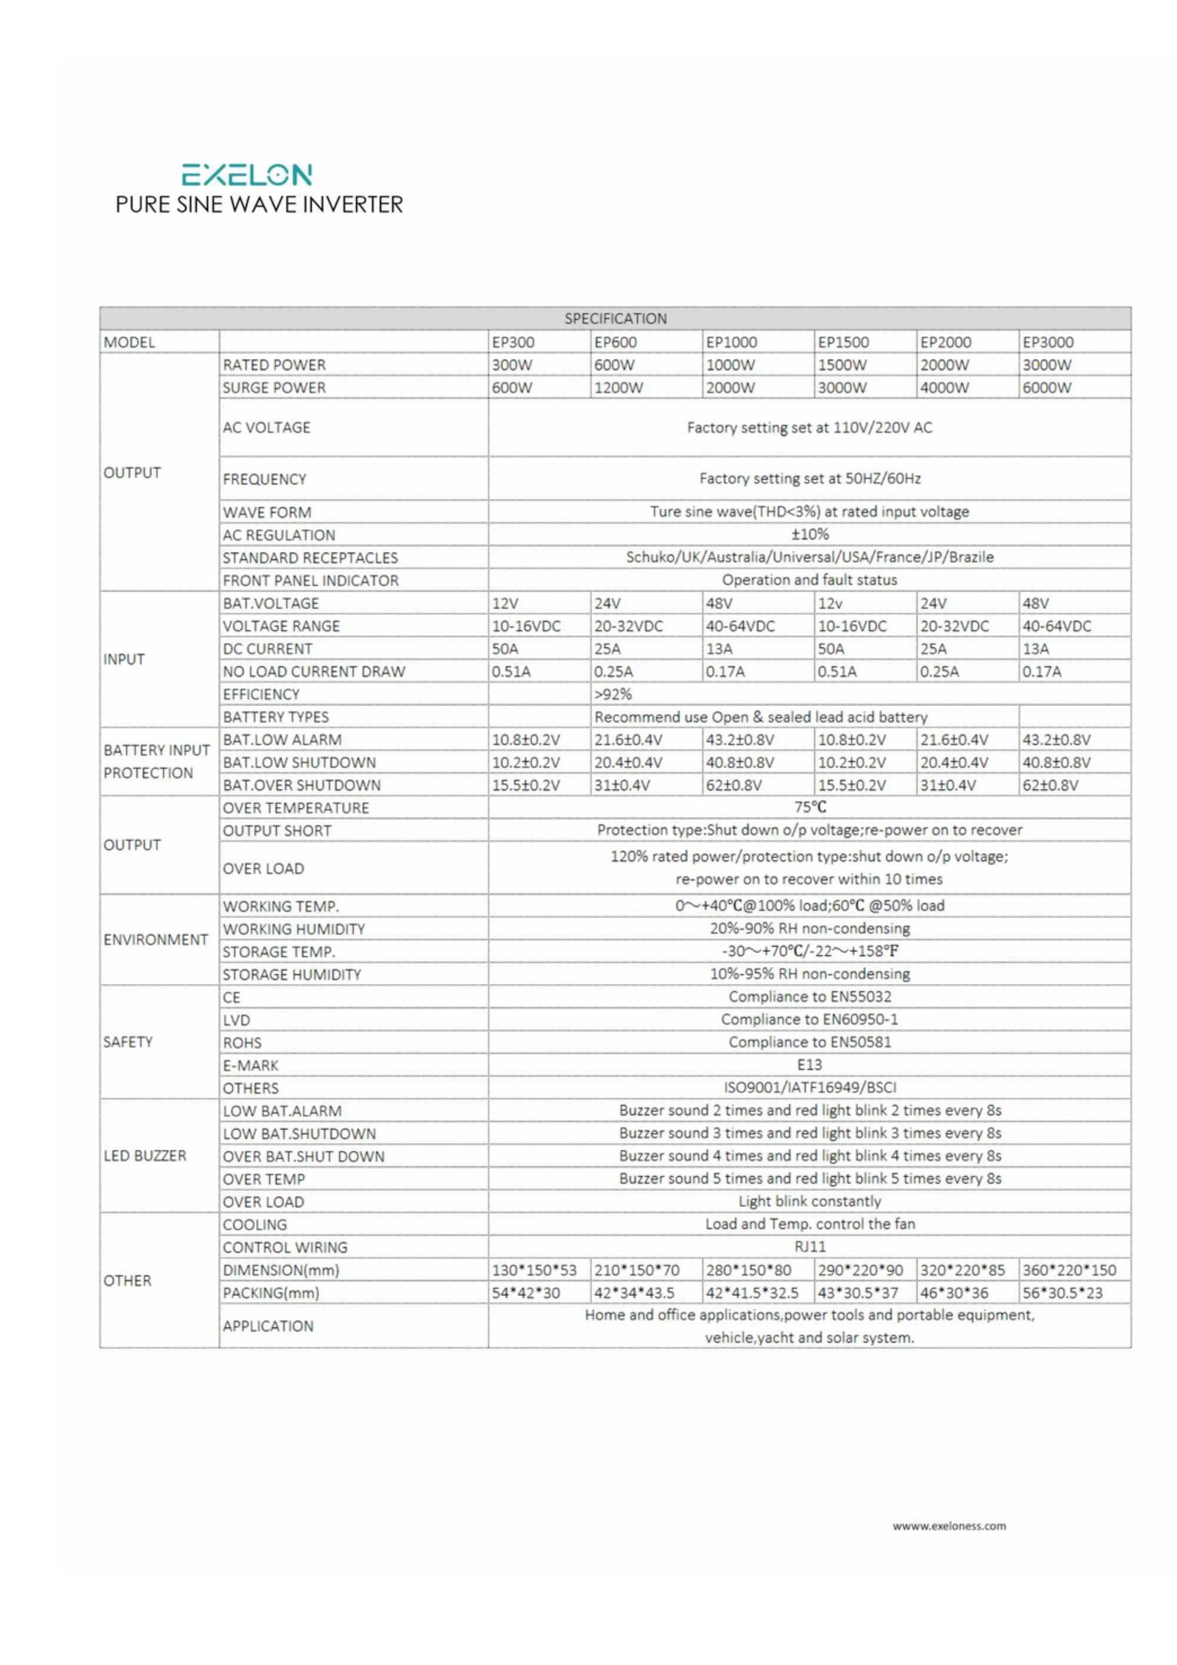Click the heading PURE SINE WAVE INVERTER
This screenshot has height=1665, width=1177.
point(259,204)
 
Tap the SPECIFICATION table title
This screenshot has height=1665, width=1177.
point(615,318)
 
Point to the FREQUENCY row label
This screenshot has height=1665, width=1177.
point(265,479)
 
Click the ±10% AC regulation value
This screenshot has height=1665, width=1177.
point(809,535)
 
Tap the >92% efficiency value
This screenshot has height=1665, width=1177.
point(613,694)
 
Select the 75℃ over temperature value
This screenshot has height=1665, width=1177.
point(809,807)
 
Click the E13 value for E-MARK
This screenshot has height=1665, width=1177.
point(809,1065)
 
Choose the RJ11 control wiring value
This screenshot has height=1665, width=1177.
point(809,1246)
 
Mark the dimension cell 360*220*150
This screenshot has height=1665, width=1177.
point(1069,1270)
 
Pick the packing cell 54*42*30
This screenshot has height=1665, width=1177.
point(526,1292)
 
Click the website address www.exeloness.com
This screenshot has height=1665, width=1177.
point(949,1526)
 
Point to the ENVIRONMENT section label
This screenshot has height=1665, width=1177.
point(156,940)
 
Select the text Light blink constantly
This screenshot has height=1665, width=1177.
point(809,1201)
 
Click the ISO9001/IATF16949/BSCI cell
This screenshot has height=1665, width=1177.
point(809,1087)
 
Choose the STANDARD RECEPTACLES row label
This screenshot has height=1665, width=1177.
point(310,558)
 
